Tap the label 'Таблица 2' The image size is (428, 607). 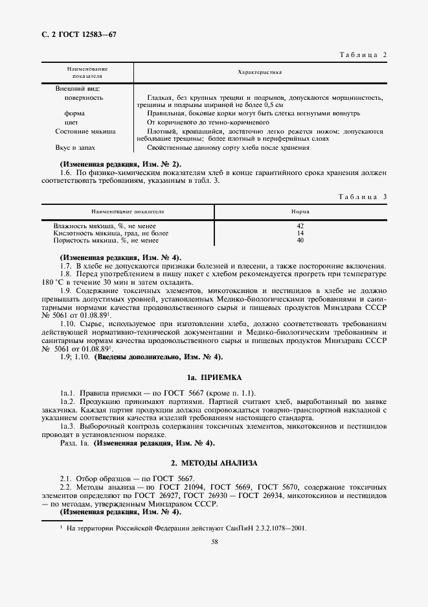click(363, 54)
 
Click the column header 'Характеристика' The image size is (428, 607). click(260, 72)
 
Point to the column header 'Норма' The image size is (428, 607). click(300, 212)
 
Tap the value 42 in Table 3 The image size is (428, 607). click(300, 226)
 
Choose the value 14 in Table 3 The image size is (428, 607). click(300, 233)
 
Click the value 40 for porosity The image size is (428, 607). click(300, 240)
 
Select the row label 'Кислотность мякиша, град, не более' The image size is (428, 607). click(111, 233)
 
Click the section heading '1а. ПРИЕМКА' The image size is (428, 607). click(214, 377)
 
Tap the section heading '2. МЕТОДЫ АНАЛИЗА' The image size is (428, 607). click(214, 464)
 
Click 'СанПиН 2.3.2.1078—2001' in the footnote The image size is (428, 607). click(271, 528)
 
